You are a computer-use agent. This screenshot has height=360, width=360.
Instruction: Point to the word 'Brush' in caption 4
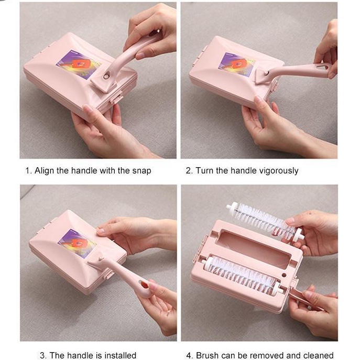(207, 355)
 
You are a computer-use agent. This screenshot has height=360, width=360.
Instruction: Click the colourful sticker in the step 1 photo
(79, 65)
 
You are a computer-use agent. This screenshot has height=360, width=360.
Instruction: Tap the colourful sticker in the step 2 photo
(236, 64)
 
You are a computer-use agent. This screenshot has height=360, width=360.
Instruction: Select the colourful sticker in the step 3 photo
(77, 244)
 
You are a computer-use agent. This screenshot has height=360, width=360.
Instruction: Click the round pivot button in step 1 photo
(106, 76)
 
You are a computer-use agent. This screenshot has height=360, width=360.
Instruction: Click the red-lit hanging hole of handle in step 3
(145, 285)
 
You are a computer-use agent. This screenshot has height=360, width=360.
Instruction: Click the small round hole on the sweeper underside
(284, 275)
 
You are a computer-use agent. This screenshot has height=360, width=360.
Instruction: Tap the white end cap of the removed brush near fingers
(298, 235)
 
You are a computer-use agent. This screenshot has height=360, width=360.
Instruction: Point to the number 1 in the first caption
(28, 171)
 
